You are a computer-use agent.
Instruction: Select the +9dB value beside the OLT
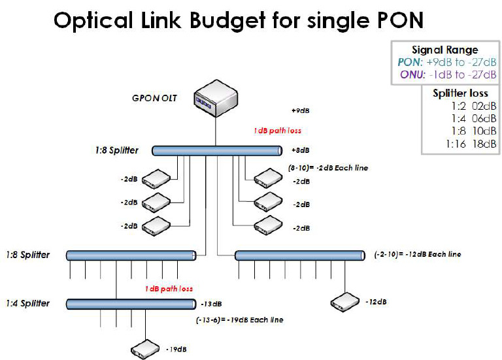click(300, 110)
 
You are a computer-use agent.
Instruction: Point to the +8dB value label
click(300, 150)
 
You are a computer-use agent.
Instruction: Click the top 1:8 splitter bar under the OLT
click(216, 151)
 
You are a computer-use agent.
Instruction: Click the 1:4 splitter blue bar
click(131, 303)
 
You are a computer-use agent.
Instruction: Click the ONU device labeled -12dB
click(345, 301)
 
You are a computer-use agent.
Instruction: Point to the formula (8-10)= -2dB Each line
click(328, 168)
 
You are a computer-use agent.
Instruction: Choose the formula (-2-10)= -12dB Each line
click(418, 254)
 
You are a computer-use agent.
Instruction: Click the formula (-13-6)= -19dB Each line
click(239, 320)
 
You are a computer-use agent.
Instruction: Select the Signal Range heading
click(444, 50)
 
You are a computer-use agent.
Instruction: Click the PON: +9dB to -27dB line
click(444, 62)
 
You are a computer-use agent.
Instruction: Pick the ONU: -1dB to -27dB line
click(444, 74)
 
